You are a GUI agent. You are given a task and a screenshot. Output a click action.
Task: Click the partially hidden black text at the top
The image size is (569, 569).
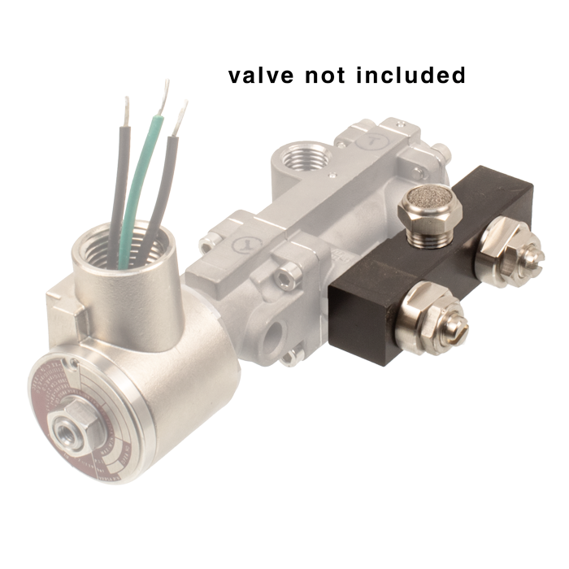click(345, 76)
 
